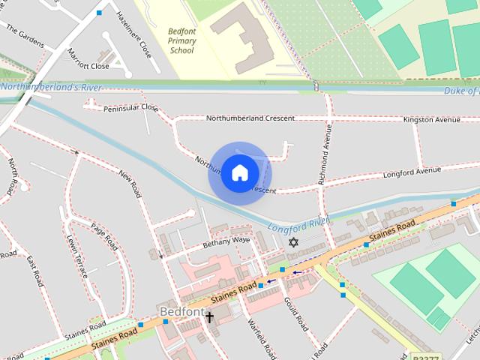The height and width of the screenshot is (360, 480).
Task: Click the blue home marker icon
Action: pyautogui.click(x=239, y=173)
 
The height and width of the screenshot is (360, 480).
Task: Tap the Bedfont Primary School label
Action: pyautogui.click(x=181, y=41)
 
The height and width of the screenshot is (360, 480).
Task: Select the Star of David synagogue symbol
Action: pyautogui.click(x=293, y=243)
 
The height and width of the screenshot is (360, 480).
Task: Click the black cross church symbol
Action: pyautogui.click(x=209, y=317)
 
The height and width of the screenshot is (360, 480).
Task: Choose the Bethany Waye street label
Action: pyautogui.click(x=225, y=241)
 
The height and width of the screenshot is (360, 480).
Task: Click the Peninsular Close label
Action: pyautogui.click(x=131, y=109)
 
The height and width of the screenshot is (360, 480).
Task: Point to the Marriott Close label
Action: pyautogui.click(x=89, y=66)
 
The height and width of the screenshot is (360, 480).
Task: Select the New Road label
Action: pyautogui.click(x=130, y=184)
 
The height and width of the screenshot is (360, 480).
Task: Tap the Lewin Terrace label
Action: pyautogui.click(x=77, y=256)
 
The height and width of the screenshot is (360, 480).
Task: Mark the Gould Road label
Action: pyautogui.click(x=295, y=313)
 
